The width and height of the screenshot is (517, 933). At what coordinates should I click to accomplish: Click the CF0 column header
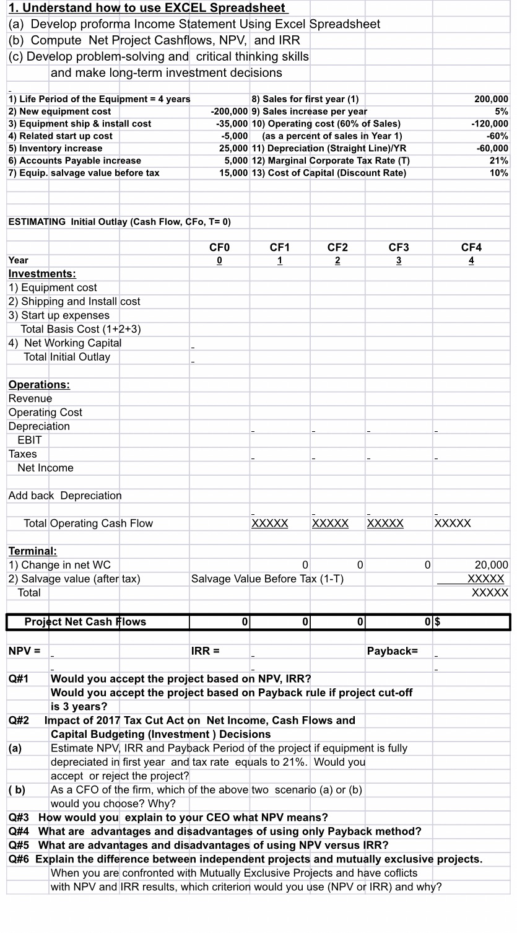pyautogui.click(x=220, y=247)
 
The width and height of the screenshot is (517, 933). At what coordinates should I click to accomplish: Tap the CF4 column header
pyautogui.click(x=471, y=247)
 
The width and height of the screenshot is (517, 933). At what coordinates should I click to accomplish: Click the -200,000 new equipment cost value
pyautogui.click(x=230, y=112)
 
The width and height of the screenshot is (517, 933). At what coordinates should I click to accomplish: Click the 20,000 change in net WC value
pyautogui.click(x=491, y=565)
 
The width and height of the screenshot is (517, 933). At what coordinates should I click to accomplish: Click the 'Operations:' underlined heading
pyautogui.click(x=39, y=385)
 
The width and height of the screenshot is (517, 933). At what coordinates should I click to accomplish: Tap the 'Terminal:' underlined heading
pyautogui.click(x=33, y=551)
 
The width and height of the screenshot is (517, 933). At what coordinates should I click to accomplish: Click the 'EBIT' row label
pyautogui.click(x=30, y=440)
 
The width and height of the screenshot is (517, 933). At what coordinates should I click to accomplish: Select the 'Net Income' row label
pyautogui.click(x=45, y=468)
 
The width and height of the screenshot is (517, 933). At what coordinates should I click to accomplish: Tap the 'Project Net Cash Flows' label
pyautogui.click(x=85, y=621)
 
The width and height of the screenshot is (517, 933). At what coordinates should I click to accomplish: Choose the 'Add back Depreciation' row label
pyautogui.click(x=65, y=496)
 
